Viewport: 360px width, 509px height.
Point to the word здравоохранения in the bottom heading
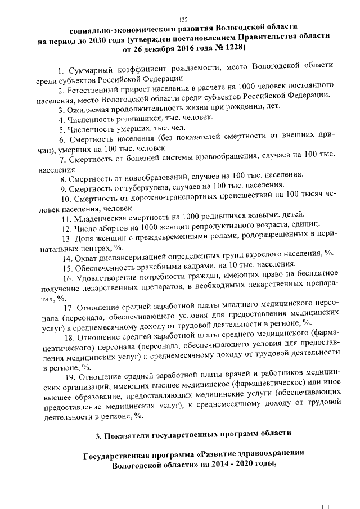[x=267, y=454]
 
